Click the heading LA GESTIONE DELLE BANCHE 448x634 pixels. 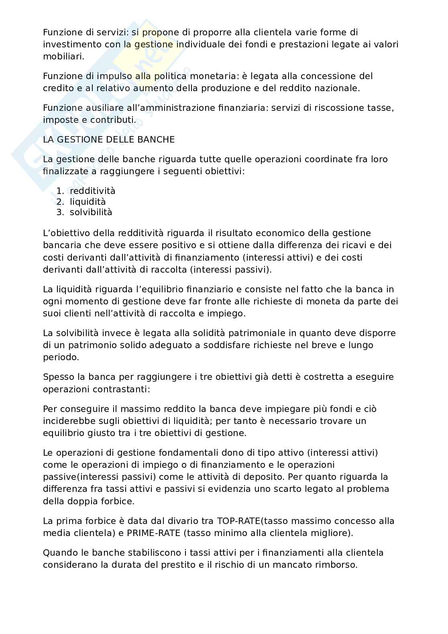point(109,140)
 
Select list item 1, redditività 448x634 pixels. point(92,191)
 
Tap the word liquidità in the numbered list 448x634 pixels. point(88,202)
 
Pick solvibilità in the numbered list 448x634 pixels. point(91,212)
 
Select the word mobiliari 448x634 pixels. point(63,56)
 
